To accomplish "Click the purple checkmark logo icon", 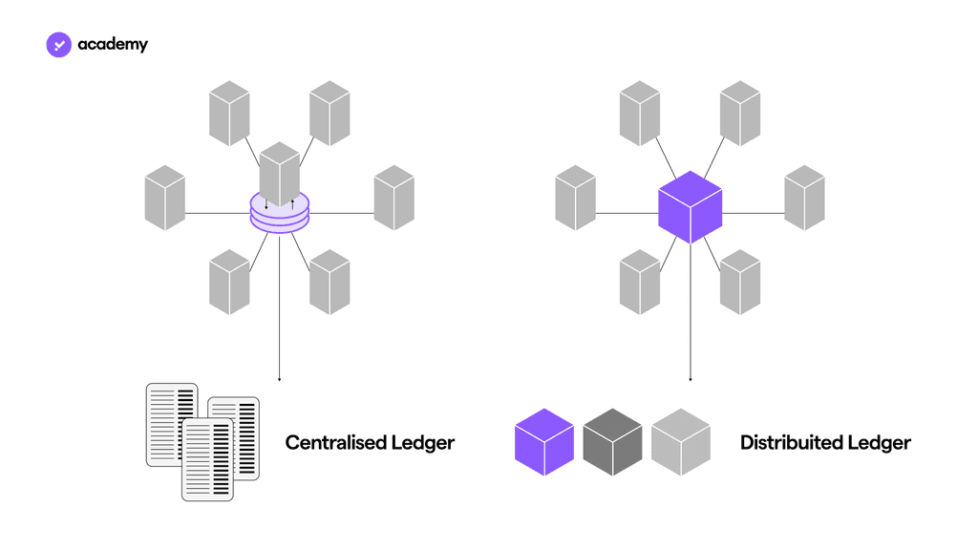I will pos(58,44).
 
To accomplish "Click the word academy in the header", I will pos(113,44).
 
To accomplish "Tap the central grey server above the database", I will pos(280,173).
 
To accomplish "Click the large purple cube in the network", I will pos(690,207).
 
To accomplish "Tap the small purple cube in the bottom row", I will pos(544,442).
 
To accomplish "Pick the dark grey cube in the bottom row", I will pos(612,442).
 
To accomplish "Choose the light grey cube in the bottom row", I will pos(681,442).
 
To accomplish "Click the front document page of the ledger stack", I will pos(207,459).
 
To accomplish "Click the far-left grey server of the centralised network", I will pos(164,198).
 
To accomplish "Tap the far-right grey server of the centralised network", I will pos(393,198).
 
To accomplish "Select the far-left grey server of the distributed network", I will pos(575,198).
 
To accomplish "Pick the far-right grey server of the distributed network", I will pos(804,198).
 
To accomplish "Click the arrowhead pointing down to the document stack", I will pos(280,378).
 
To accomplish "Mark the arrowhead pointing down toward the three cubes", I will pos(691,378).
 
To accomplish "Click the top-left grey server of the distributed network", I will pos(640,114).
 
